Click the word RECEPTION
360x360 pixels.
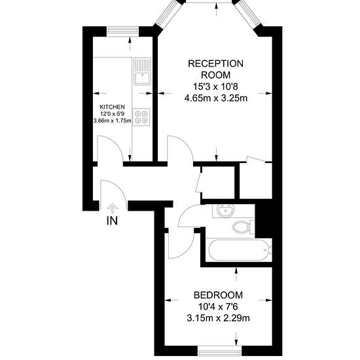215,63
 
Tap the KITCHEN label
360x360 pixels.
113,107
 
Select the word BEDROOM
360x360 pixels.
218,295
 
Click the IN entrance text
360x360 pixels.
113,221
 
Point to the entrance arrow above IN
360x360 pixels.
113,208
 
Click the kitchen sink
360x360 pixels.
142,71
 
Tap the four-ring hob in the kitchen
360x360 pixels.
141,117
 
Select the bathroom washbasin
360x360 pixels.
225,211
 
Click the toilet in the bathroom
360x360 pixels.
243,227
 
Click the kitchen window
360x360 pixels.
123,31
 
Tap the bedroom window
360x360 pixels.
220,351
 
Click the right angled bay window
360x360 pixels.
249,14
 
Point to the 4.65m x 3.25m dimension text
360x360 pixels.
216,98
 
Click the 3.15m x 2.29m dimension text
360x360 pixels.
218,319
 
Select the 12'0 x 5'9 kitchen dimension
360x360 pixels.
113,114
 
